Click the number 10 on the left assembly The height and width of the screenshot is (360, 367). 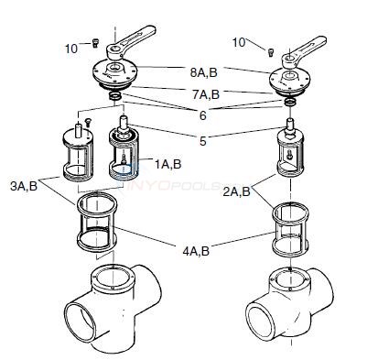click(71, 47)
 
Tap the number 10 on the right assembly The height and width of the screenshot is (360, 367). click(239, 42)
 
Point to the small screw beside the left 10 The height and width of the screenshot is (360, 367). click(92, 41)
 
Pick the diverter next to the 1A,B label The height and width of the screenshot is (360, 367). click(124, 151)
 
